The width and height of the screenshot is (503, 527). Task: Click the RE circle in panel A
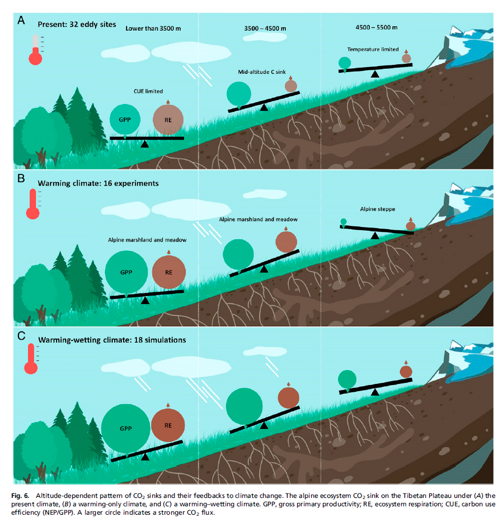pyautogui.click(x=168, y=119)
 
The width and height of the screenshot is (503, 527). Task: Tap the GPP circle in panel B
pyautogui.click(x=126, y=272)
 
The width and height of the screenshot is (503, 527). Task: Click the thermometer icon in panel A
pyautogui.click(x=35, y=49)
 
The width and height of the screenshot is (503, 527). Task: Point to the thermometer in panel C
pyautogui.click(x=31, y=359)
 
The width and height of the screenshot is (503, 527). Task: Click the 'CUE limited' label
pyautogui.click(x=148, y=91)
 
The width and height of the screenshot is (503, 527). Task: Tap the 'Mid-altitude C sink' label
pyautogui.click(x=262, y=72)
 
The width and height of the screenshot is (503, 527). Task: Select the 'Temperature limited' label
pyautogui.click(x=373, y=49)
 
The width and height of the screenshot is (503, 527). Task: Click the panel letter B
pyautogui.click(x=21, y=179)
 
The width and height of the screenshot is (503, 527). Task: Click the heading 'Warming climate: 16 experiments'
pyautogui.click(x=98, y=183)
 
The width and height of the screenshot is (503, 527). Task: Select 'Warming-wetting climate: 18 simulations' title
pyautogui.click(x=112, y=339)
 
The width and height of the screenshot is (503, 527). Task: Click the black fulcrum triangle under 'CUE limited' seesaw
pyautogui.click(x=145, y=144)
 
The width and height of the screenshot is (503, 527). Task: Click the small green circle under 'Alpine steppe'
pyautogui.click(x=344, y=222)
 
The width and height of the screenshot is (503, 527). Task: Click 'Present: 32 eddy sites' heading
pyautogui.click(x=77, y=25)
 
